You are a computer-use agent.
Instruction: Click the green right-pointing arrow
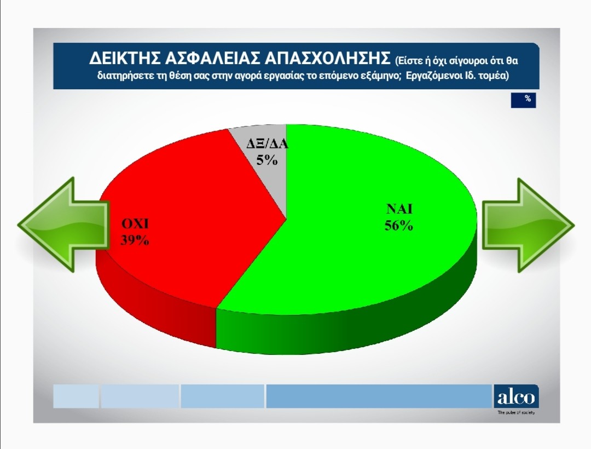[528, 226]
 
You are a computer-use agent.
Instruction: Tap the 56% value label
[399, 226]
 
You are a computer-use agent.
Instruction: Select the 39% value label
[135, 240]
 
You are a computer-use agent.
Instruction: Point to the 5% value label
[267, 160]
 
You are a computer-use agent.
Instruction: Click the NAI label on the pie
[399, 209]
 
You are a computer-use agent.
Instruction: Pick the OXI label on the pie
[135, 224]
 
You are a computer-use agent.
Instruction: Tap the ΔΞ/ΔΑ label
[267, 143]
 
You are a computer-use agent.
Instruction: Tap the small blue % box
[523, 100]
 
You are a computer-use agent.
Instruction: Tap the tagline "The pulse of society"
[516, 412]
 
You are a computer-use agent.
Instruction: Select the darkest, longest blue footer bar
[379, 396]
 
